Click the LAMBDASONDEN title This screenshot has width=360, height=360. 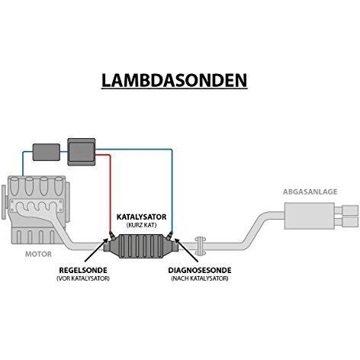[174, 80]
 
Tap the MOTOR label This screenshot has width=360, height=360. [38, 254]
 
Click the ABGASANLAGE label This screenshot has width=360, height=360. [310, 191]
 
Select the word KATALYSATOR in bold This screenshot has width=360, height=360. [141, 217]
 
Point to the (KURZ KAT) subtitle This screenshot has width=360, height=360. [141, 225]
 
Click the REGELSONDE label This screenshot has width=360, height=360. [83, 270]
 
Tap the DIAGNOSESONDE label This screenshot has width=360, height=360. [200, 270]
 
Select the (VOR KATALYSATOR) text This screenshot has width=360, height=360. [83, 278]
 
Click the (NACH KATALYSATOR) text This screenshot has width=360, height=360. [200, 278]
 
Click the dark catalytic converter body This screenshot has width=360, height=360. [142, 246]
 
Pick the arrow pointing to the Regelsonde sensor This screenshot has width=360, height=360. [96, 250]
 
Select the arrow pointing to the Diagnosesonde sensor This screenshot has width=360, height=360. [186, 250]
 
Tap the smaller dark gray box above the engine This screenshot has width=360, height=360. [47, 152]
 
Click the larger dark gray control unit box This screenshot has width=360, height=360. [82, 152]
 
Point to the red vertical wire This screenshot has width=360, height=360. [111, 194]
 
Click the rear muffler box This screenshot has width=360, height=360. [310, 216]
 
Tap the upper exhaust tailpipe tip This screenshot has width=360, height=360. [351, 211]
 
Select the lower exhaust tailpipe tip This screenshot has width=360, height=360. [351, 222]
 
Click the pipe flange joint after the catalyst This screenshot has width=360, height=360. [200, 246]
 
